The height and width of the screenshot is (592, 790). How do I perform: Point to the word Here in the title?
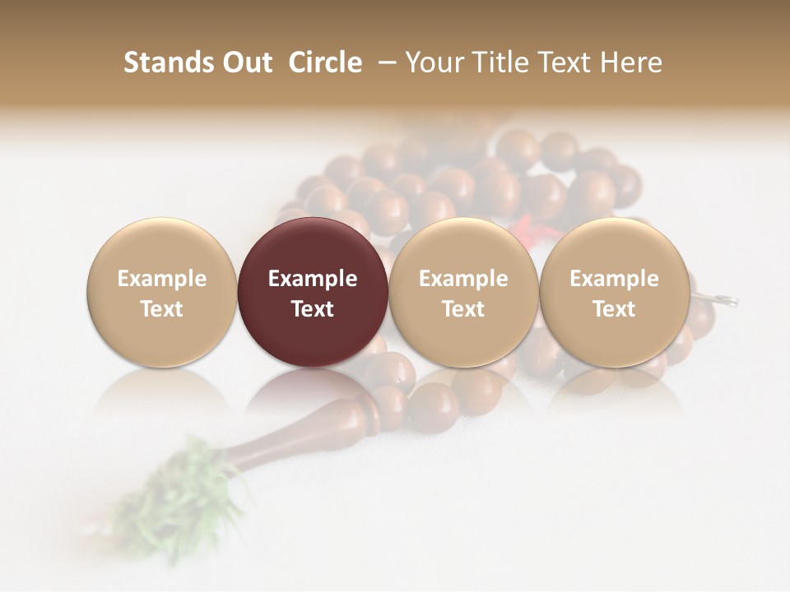coord(632,62)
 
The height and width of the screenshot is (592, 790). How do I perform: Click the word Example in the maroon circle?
coord(313,279)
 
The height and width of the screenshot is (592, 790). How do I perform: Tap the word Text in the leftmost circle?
coord(161,309)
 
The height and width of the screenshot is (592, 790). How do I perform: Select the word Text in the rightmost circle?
coord(615,309)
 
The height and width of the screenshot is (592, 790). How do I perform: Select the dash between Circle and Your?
coord(384,62)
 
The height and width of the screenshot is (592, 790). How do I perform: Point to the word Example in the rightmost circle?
coord(615,279)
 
